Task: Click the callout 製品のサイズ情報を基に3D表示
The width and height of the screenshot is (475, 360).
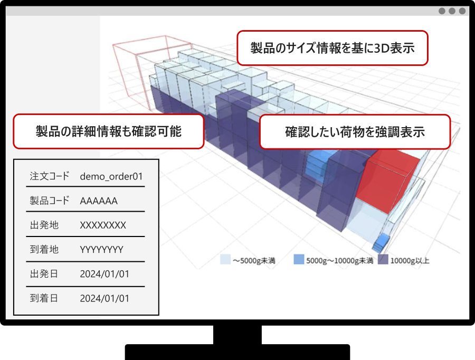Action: (x=332, y=48)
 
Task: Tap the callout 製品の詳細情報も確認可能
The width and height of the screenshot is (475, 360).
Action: (x=108, y=131)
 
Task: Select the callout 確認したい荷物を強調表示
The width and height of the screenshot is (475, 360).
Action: (x=355, y=132)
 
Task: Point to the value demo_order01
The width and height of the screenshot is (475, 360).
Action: (x=111, y=176)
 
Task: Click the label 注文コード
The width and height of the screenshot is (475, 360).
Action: (x=50, y=176)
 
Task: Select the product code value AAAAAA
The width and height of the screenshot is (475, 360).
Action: (x=99, y=201)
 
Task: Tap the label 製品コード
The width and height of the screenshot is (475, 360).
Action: (x=50, y=201)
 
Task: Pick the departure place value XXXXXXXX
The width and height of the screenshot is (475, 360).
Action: (x=103, y=225)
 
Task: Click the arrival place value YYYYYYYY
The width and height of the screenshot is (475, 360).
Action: (x=101, y=250)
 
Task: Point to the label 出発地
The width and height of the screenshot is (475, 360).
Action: (x=44, y=225)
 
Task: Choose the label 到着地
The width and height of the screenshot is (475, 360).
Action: (x=44, y=249)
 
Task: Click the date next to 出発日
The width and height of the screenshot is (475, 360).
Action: (x=104, y=274)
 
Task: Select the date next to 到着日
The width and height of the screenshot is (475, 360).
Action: (x=104, y=298)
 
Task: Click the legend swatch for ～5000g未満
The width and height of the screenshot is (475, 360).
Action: (x=225, y=259)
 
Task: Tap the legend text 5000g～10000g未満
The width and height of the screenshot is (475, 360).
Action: (x=339, y=261)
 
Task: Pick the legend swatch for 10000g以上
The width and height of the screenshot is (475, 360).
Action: (x=383, y=259)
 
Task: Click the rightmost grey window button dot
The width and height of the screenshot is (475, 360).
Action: (x=462, y=11)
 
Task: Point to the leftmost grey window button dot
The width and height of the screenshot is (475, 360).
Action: (x=442, y=11)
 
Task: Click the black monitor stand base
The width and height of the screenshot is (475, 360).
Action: (x=237, y=352)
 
